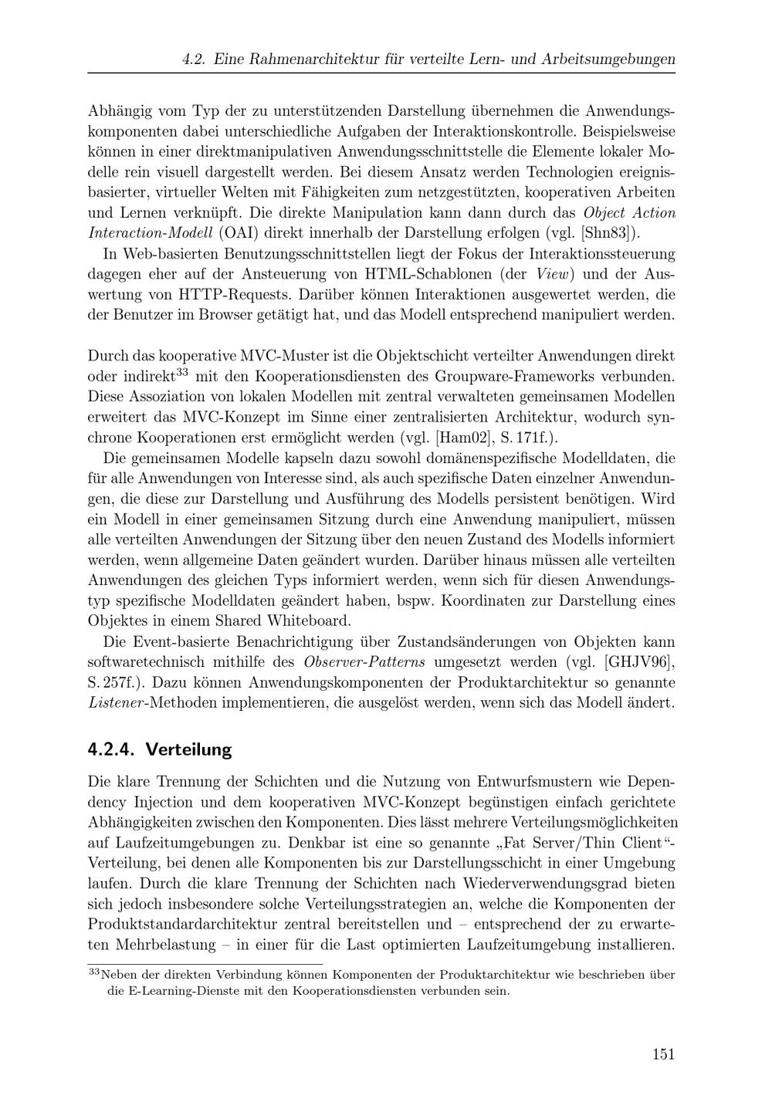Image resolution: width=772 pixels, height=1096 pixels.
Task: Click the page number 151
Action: (663, 1054)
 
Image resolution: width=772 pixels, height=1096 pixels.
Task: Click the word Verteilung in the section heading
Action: (188, 749)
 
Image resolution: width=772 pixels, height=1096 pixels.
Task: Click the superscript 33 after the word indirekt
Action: (182, 373)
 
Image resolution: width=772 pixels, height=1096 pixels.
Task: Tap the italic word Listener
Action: (115, 703)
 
